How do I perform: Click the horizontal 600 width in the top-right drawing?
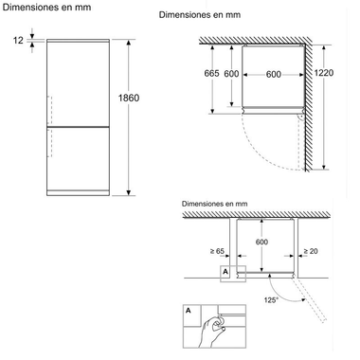[x=274, y=76]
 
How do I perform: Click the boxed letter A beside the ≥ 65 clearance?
[x=224, y=272]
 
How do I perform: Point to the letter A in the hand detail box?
[x=189, y=311]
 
